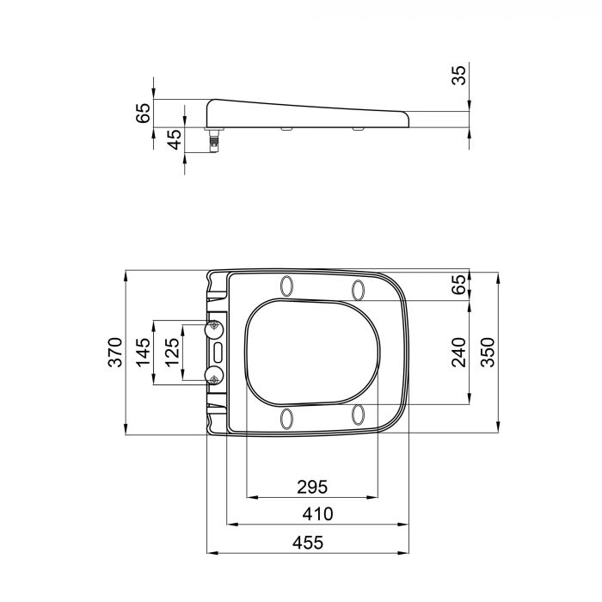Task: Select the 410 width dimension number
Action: (317, 514)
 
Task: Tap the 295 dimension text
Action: (312, 487)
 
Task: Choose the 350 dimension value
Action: (488, 353)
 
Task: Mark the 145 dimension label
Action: (143, 353)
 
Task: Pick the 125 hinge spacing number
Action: (172, 353)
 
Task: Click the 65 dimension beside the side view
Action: (143, 113)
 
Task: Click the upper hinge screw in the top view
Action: (214, 328)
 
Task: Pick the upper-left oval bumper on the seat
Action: (287, 286)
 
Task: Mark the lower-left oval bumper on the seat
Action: (287, 418)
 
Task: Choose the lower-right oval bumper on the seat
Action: (358, 415)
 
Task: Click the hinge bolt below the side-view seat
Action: (214, 139)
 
